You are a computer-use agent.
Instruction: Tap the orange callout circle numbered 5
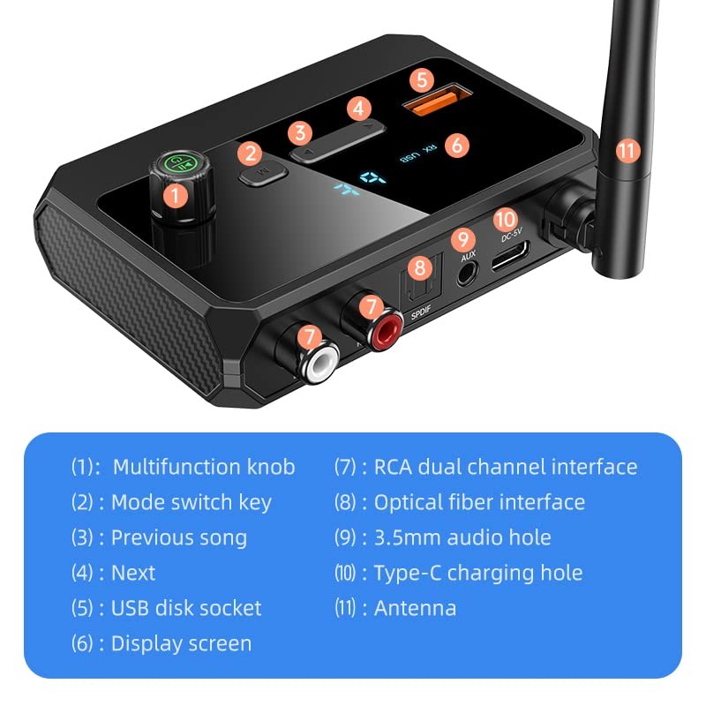pyautogui.click(x=423, y=79)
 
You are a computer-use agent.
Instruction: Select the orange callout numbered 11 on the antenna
pyautogui.click(x=627, y=150)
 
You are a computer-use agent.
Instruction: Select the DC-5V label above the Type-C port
pyautogui.click(x=513, y=236)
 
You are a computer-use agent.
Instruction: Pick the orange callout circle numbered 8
pyautogui.click(x=420, y=267)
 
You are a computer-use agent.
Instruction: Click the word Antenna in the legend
pyautogui.click(x=415, y=608)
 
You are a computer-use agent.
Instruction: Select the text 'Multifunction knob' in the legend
pyautogui.click(x=203, y=467)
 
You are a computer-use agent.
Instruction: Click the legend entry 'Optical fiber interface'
pyautogui.click(x=479, y=502)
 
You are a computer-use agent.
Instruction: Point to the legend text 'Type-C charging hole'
pyautogui.click(x=478, y=573)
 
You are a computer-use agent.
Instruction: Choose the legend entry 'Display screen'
pyautogui.click(x=181, y=643)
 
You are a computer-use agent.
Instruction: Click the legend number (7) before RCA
pyautogui.click(x=346, y=467)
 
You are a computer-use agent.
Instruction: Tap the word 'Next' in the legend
pyautogui.click(x=133, y=573)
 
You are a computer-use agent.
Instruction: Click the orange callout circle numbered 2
pyautogui.click(x=252, y=153)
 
